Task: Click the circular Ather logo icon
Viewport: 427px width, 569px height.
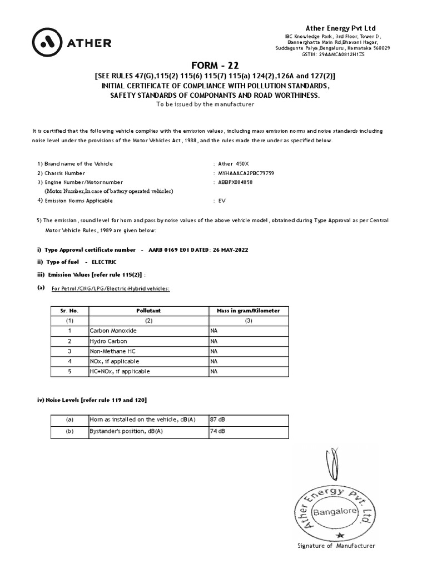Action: click(47, 42)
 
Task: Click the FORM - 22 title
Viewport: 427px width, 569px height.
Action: click(214, 64)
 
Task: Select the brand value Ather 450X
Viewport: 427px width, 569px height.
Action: click(234, 164)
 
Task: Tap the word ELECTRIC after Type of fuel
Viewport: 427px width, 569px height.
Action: click(104, 262)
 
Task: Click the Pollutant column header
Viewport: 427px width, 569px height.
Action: click(148, 311)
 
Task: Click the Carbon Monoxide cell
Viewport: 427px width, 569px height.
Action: click(113, 331)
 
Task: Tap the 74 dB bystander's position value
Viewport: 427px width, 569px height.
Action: click(217, 431)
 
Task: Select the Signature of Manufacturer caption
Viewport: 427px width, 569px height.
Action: click(337, 546)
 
